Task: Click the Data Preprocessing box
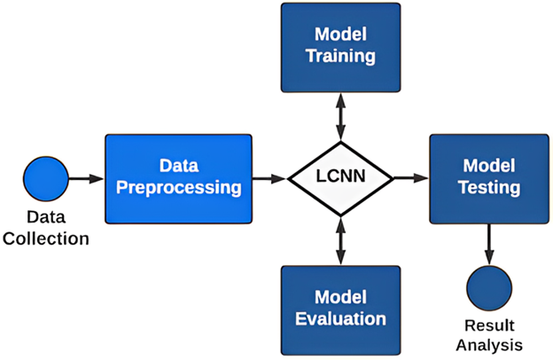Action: coord(178,177)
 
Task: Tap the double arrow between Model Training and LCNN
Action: coord(339,113)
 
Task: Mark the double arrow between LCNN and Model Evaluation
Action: coord(339,241)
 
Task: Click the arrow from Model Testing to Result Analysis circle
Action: coord(489,241)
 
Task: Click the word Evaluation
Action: coord(341,318)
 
